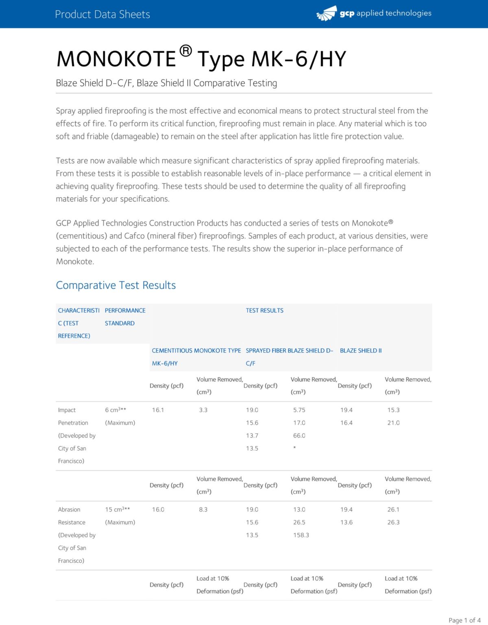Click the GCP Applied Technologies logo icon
[327, 14]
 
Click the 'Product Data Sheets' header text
[102, 15]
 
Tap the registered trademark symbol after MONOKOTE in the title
[185, 51]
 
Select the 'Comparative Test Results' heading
[116, 285]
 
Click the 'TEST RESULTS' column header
[264, 311]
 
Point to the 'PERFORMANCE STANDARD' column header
[125, 317]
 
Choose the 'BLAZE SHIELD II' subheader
[361, 351]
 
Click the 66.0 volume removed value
[299, 436]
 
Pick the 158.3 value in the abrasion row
[301, 535]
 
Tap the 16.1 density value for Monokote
[158, 410]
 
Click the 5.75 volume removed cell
[299, 410]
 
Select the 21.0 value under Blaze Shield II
[393, 423]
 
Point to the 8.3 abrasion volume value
[203, 510]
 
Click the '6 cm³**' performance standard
[115, 410]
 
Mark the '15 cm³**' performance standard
[118, 510]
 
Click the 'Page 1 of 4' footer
[464, 620]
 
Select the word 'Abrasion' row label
[69, 510]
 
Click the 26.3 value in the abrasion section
[393, 523]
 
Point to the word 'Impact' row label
[67, 410]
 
